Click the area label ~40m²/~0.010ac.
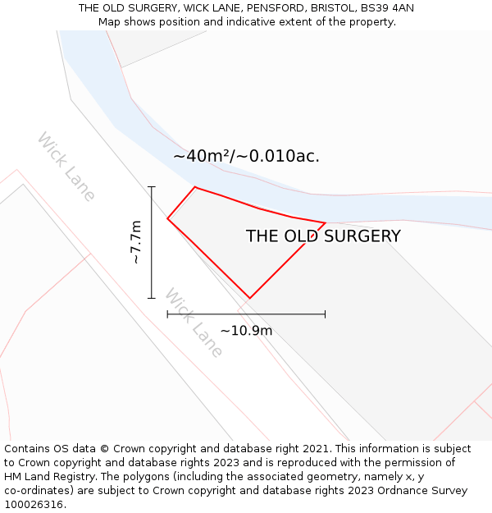tap(246, 156)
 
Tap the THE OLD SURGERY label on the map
tap(323, 236)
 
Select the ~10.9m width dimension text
tap(246, 331)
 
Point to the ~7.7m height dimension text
tap(136, 242)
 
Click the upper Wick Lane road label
tap(66, 166)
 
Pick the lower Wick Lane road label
tap(194, 323)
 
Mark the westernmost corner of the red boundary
tap(168, 218)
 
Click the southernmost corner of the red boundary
tap(249, 298)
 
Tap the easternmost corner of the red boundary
tap(325, 223)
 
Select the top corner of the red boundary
tap(195, 187)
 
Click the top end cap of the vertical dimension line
tap(152, 187)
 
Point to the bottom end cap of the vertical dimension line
tap(152, 298)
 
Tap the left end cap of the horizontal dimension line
tap(168, 314)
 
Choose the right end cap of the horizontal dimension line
tap(325, 314)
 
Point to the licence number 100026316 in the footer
tap(33, 505)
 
